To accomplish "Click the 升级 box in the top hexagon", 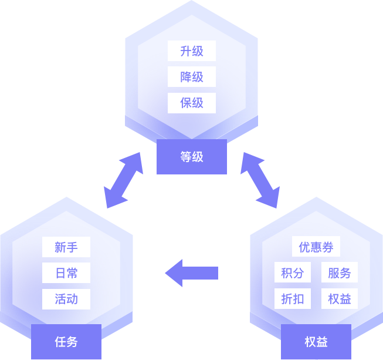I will pos(192,51).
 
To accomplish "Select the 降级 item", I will pos(192,77).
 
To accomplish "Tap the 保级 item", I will pos(192,103).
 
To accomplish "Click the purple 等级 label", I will pos(192,157).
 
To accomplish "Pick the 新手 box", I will pos(66,247).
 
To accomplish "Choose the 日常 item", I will pos(66,273).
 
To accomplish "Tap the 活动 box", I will pos(66,299).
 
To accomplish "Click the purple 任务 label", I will pos(66,341).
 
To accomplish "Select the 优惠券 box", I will pos(316,247).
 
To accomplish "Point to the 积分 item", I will pos(293,273).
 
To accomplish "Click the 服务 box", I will pos(340,273).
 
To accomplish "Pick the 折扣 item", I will pos(293,299).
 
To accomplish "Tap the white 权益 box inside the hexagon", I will pos(340,299).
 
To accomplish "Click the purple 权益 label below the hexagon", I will pos(316,341).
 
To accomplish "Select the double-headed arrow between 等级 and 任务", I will pos(123,180).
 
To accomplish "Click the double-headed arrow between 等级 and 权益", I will pos(260,180).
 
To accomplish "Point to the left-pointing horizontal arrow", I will pos(192,273).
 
